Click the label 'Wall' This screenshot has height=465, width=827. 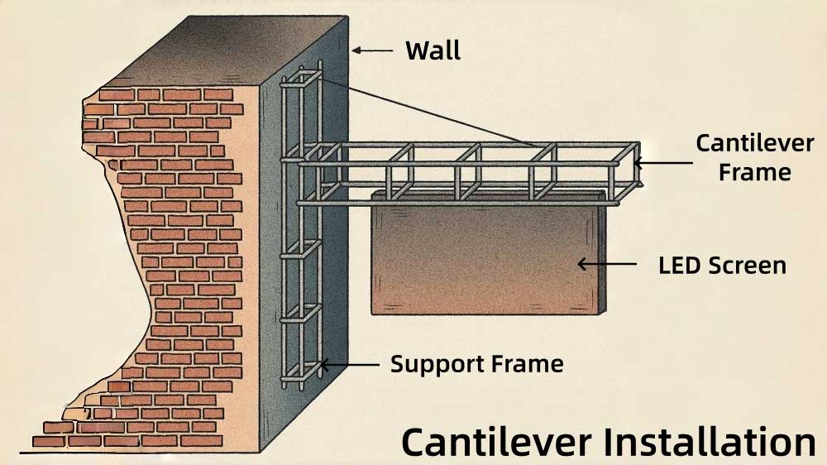pyautogui.click(x=433, y=50)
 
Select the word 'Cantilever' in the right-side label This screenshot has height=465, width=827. pyautogui.click(x=754, y=143)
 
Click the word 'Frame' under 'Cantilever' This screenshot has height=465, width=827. pyautogui.click(x=754, y=172)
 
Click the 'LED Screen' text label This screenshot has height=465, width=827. pyautogui.click(x=722, y=266)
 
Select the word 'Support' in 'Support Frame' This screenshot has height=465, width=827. pyautogui.click(x=433, y=364)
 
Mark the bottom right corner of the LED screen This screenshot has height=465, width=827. pyautogui.click(x=602, y=314)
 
